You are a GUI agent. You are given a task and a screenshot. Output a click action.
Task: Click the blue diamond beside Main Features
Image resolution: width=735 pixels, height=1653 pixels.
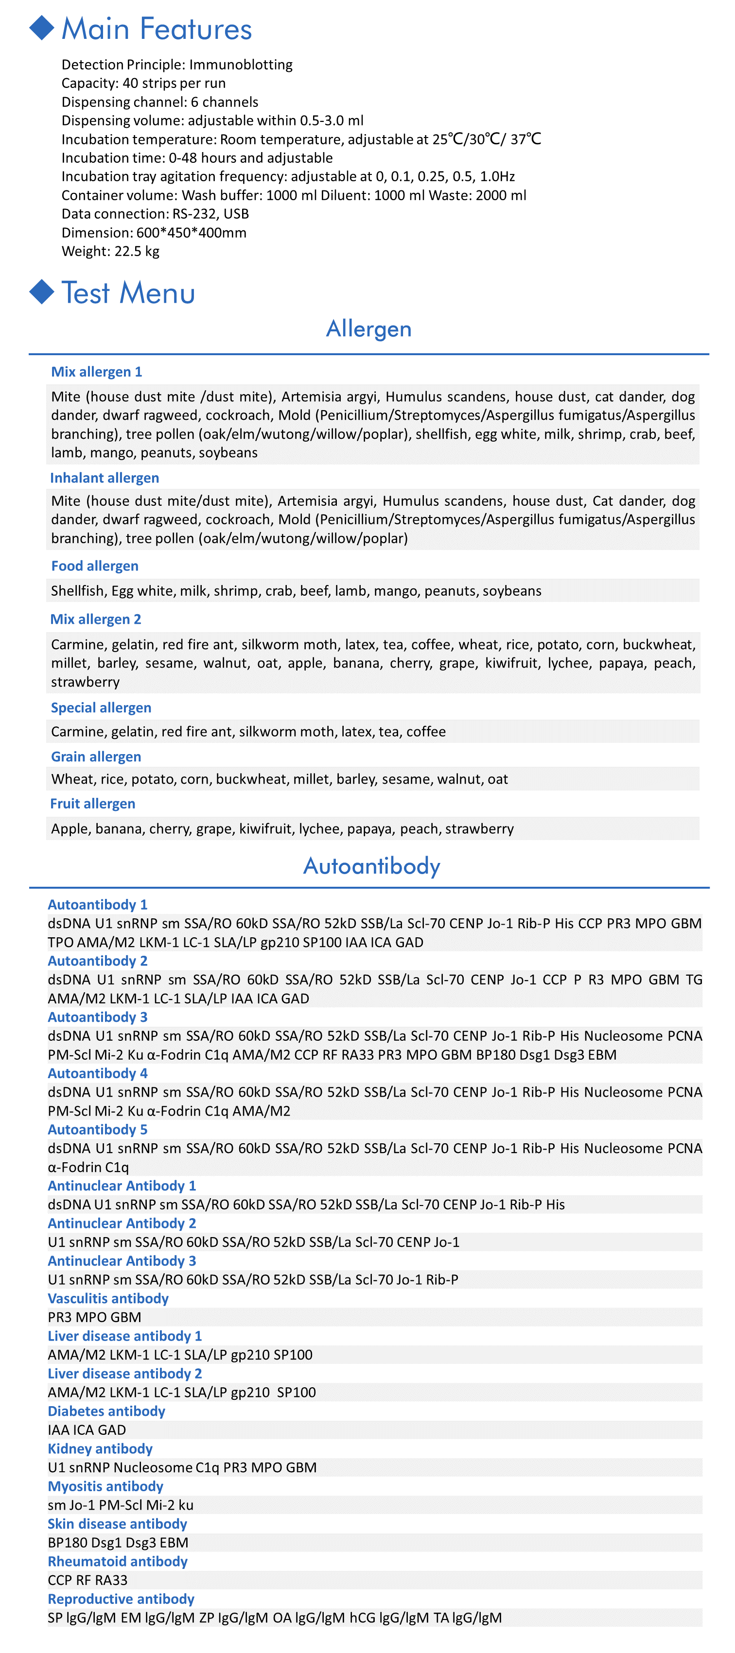click(x=42, y=28)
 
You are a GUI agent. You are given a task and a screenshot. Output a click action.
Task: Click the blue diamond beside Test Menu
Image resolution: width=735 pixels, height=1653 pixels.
click(x=42, y=292)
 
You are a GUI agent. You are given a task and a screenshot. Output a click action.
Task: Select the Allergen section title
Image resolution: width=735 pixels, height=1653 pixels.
click(x=368, y=328)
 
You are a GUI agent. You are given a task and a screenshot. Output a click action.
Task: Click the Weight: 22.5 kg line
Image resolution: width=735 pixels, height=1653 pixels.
click(x=110, y=251)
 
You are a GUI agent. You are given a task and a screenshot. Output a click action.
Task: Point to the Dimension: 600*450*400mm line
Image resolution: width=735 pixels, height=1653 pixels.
click(x=154, y=232)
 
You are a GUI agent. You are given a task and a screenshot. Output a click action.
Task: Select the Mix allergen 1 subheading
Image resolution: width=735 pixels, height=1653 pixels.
click(x=96, y=372)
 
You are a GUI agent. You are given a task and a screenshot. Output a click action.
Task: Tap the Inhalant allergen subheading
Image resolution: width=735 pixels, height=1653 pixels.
click(x=105, y=478)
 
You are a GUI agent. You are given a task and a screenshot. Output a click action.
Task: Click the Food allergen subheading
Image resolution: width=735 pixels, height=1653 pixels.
click(x=95, y=565)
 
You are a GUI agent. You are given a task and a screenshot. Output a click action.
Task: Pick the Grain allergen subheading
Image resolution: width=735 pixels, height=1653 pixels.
click(x=96, y=757)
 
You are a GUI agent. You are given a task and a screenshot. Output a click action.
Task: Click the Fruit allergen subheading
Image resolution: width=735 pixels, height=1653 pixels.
click(x=93, y=803)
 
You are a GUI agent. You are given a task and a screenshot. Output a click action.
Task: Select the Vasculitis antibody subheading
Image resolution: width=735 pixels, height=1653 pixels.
click(x=108, y=1298)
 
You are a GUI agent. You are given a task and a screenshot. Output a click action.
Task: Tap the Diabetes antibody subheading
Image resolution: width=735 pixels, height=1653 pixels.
click(x=106, y=1411)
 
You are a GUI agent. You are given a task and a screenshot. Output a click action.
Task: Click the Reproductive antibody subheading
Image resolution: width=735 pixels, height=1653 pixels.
click(x=121, y=1599)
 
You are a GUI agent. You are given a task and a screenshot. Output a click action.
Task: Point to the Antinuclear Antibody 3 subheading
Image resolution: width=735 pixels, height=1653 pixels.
click(x=122, y=1260)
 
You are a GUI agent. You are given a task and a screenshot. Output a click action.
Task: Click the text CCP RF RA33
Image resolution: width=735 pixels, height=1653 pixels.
click(x=87, y=1580)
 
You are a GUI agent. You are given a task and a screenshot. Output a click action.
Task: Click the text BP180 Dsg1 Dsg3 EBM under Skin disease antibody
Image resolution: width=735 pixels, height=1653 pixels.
click(x=118, y=1543)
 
